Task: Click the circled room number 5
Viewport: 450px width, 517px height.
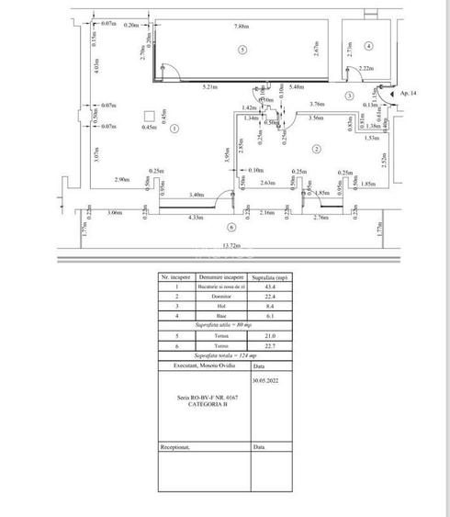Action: click(242, 48)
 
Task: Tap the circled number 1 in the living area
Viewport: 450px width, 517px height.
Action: click(174, 128)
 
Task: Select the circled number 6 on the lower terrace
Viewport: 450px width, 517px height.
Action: click(231, 226)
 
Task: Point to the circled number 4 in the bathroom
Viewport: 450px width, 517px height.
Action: click(367, 45)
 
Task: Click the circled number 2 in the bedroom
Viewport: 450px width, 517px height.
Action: click(315, 149)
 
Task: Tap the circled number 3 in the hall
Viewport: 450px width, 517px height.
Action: click(350, 96)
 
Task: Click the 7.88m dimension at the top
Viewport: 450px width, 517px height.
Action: click(242, 26)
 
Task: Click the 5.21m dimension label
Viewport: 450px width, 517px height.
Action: click(209, 86)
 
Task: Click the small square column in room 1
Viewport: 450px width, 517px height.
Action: click(148, 116)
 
